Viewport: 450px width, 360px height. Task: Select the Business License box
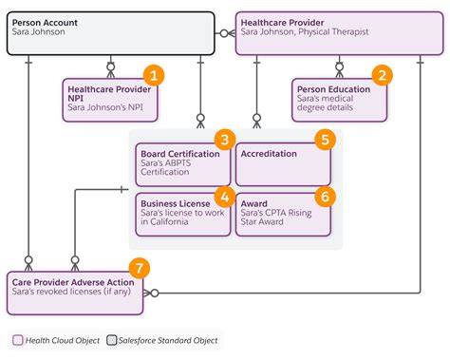tap(182, 214)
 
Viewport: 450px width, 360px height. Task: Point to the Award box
tap(283, 214)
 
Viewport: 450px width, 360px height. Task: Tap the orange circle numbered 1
tap(152, 75)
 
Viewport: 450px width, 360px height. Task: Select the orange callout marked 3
tap(225, 140)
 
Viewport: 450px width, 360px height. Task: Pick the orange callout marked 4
tap(225, 196)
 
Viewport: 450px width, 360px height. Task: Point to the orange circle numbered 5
tap(325, 140)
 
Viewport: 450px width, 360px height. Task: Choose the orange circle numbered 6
tap(325, 196)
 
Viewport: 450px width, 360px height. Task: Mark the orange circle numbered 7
tap(140, 268)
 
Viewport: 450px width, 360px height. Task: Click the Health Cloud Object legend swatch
tap(18, 339)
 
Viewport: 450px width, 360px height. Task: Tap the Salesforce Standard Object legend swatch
tap(113, 339)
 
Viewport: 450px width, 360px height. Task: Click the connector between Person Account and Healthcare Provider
tap(224, 32)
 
